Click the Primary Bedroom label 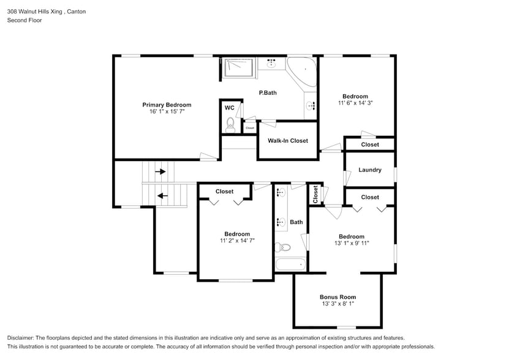(x=167, y=105)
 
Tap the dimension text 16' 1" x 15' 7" (x=167, y=112)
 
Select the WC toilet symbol (x=230, y=127)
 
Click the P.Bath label (x=268, y=93)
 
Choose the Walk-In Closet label (x=287, y=141)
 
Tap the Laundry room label (x=369, y=170)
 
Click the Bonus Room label (x=337, y=297)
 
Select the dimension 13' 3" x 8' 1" (x=337, y=304)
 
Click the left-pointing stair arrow (x=162, y=196)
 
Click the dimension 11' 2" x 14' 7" (x=236, y=241)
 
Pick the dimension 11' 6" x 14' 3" (x=355, y=103)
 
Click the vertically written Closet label (x=315, y=194)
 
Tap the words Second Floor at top (x=25, y=20)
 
